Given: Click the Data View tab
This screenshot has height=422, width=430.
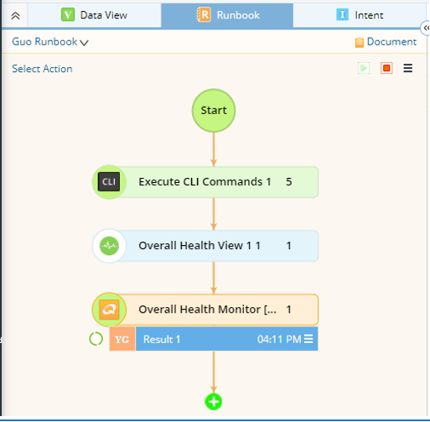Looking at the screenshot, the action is click(x=94, y=15).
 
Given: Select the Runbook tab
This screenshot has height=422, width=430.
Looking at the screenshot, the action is click(x=227, y=15).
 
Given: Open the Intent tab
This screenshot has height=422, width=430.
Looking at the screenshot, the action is click(x=360, y=15).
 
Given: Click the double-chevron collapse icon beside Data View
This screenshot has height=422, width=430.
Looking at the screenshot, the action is click(x=15, y=16).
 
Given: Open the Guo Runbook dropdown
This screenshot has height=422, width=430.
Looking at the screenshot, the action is click(x=50, y=42).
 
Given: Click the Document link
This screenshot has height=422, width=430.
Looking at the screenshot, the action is click(x=386, y=42).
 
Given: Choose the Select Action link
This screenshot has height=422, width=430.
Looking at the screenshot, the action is click(x=42, y=69).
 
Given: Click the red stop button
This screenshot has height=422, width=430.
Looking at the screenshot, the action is click(x=386, y=68).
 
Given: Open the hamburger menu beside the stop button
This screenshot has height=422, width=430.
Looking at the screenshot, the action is click(x=408, y=68).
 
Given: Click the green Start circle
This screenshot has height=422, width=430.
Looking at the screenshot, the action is click(x=214, y=111).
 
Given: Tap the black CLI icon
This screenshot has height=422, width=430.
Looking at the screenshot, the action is click(x=109, y=182).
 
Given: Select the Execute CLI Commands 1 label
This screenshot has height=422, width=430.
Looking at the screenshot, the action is click(x=205, y=182).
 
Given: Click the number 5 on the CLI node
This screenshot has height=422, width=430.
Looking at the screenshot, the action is click(x=289, y=182).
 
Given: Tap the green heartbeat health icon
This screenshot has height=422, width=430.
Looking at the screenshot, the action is click(x=109, y=246).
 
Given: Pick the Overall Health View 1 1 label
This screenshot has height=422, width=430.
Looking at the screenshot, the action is click(x=199, y=246).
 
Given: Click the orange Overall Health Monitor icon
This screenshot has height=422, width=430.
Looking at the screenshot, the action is click(x=109, y=310).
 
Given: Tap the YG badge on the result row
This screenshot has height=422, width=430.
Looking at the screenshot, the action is click(x=122, y=339).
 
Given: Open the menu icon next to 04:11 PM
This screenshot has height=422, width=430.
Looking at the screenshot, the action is click(x=308, y=339).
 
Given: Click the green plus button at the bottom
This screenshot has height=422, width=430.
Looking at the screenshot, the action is click(x=214, y=402).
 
